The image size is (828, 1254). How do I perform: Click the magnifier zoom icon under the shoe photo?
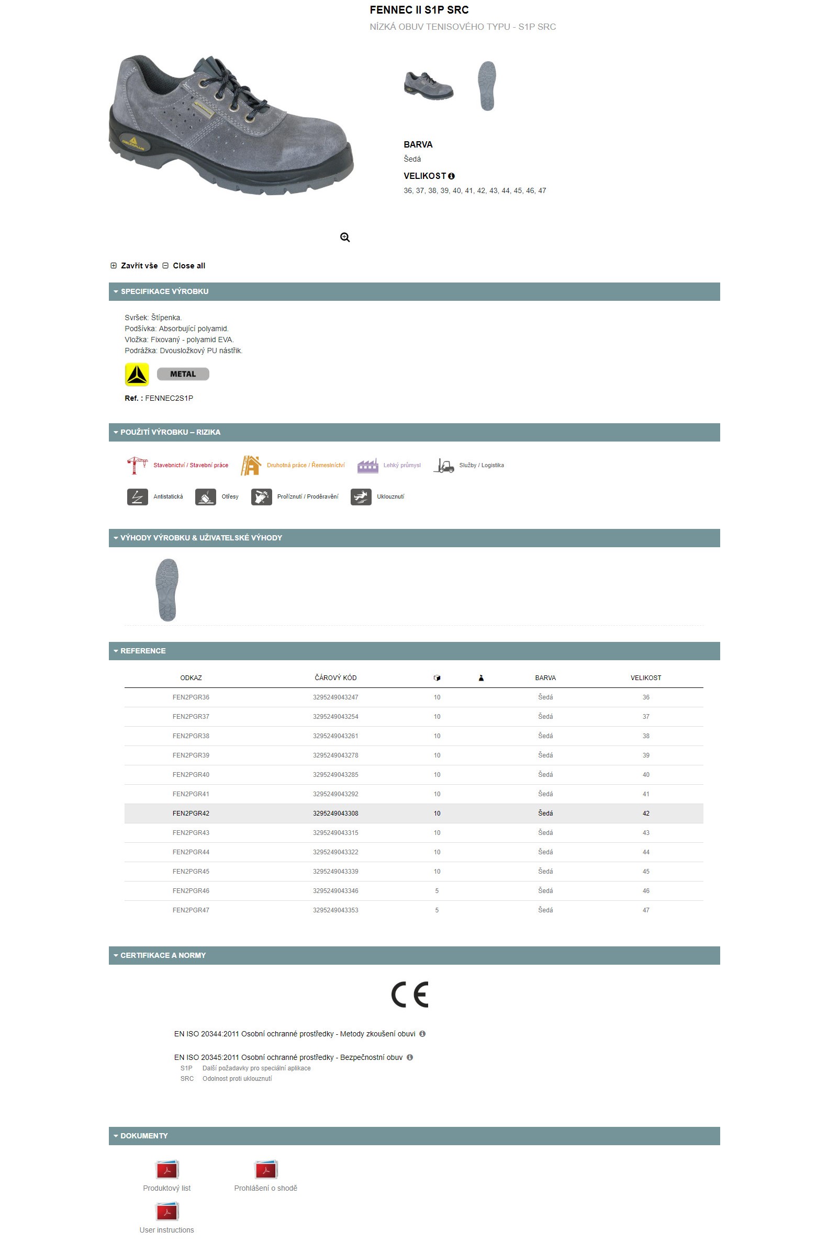pos(345,238)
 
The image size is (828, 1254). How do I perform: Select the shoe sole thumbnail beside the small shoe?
pos(487,85)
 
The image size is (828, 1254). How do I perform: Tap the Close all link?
pos(188,265)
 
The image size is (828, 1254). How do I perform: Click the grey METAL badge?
pos(183,374)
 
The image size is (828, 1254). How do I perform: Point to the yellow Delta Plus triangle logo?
pos(137,374)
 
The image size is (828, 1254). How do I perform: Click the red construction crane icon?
pos(137,465)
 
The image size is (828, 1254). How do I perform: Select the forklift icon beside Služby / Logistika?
pos(444,465)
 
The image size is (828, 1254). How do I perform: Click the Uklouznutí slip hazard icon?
pos(361,496)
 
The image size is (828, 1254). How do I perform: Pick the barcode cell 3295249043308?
pos(335,814)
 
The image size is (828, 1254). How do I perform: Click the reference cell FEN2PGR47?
pos(191,910)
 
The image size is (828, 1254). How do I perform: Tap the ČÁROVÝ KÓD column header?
pos(335,677)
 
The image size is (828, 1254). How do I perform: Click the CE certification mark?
pos(410,995)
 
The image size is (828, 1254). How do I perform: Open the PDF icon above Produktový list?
pos(167,1170)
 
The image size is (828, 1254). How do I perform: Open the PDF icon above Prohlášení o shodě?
pos(265,1170)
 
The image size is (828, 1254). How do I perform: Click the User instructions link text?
pos(167,1230)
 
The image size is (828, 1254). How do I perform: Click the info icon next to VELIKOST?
pos(452,176)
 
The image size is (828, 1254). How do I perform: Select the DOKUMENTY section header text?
pos(143,1136)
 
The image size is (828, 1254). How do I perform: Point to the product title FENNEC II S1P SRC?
pos(419,10)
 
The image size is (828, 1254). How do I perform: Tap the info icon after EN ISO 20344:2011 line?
pos(422,1034)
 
